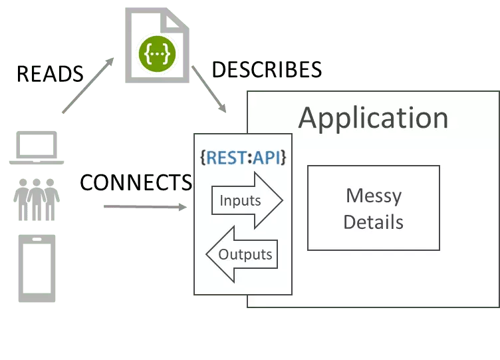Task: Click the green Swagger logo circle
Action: (x=157, y=55)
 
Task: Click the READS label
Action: (x=50, y=74)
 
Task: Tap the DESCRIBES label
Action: (x=267, y=69)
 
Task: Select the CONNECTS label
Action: (x=136, y=181)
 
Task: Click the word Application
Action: (x=373, y=118)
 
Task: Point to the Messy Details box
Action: (x=373, y=208)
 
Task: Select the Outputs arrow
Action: (x=240, y=254)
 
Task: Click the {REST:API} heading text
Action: (x=243, y=158)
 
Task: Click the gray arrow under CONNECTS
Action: (x=143, y=208)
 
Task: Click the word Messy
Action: (x=373, y=196)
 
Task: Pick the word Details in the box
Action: (x=373, y=222)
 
